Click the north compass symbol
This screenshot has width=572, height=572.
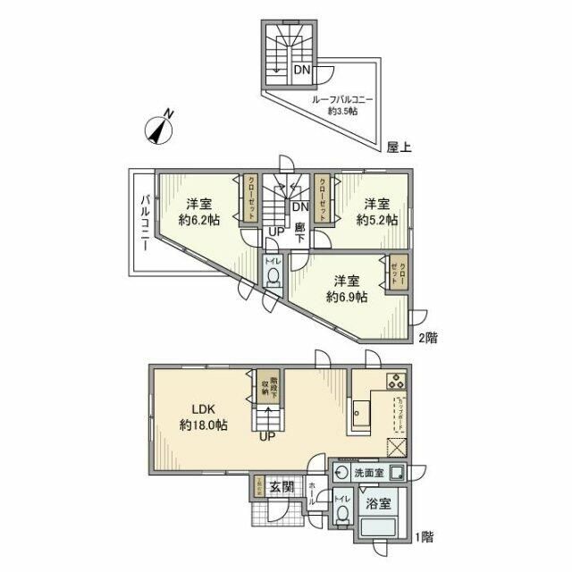pos(158,130)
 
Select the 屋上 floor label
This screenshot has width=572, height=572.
pos(399,147)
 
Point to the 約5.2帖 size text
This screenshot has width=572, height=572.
pos(377,220)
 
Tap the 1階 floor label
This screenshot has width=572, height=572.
pos(424,538)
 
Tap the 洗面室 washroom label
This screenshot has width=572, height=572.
pos(367,473)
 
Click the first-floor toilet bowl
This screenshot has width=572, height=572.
pos(341,514)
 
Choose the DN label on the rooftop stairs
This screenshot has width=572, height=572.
pos(303,69)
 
